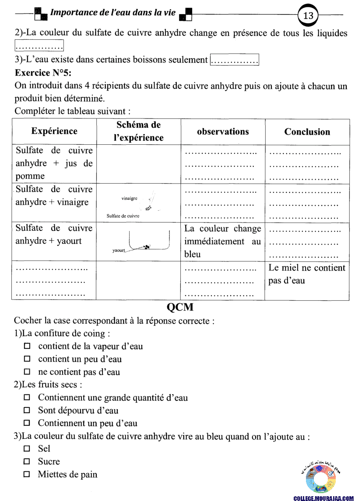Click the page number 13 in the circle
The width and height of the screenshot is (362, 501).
(x=308, y=15)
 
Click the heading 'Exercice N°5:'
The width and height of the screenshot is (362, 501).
(x=43, y=73)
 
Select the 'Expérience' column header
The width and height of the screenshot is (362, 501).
(x=54, y=131)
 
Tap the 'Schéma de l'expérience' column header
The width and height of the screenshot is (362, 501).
(x=138, y=131)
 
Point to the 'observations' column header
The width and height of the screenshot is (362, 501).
(x=223, y=132)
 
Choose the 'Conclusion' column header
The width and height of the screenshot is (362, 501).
(x=307, y=132)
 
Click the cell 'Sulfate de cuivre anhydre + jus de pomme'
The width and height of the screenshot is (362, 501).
(x=54, y=164)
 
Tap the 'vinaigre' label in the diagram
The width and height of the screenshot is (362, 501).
(x=130, y=198)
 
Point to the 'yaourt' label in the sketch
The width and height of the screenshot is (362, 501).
(x=119, y=250)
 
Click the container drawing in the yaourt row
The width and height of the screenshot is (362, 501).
(x=149, y=241)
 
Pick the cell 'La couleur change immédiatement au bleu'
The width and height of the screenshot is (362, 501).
(x=223, y=241)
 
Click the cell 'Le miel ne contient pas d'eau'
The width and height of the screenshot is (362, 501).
(x=307, y=274)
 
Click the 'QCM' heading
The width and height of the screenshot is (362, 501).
(x=180, y=307)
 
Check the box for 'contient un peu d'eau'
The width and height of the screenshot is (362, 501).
(x=27, y=359)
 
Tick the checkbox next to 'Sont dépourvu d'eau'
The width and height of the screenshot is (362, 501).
(x=27, y=411)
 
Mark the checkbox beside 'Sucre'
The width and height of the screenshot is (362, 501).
(x=27, y=462)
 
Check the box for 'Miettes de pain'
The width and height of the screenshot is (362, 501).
(x=27, y=474)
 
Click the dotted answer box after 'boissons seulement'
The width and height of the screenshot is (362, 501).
(x=235, y=60)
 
